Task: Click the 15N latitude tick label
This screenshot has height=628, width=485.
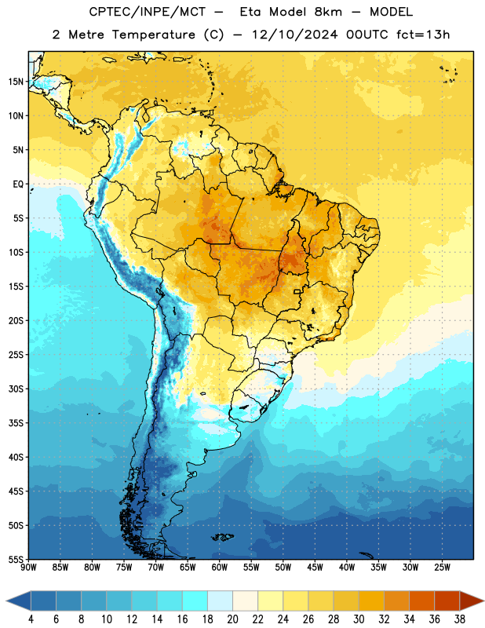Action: tap(15, 82)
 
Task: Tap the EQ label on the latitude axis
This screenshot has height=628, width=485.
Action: tap(18, 184)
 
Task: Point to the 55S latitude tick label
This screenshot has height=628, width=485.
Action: tap(15, 559)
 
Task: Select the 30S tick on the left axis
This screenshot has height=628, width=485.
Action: tap(15, 389)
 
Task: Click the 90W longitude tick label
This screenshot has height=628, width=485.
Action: tap(28, 567)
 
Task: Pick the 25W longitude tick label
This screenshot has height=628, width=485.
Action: tap(442, 567)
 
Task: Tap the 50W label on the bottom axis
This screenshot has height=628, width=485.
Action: tap(283, 567)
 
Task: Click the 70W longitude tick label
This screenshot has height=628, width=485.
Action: tap(156, 567)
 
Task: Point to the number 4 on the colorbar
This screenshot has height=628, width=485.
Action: tap(31, 619)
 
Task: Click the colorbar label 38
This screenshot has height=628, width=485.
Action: tap(460, 619)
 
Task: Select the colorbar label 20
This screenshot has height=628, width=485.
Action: tap(232, 619)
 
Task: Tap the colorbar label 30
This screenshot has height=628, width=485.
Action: tap(359, 619)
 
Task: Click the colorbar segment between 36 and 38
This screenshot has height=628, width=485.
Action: tap(447, 601)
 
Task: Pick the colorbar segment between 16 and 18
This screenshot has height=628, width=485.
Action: tap(195, 601)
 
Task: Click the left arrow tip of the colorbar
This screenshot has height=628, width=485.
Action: tap(6, 601)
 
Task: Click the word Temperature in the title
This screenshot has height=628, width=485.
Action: tap(153, 35)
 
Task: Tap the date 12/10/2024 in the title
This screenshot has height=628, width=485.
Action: tap(295, 35)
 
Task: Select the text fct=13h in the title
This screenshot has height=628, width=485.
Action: tap(423, 35)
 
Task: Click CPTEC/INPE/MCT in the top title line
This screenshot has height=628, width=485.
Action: tap(147, 12)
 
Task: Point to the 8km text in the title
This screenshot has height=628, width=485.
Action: tap(328, 12)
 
